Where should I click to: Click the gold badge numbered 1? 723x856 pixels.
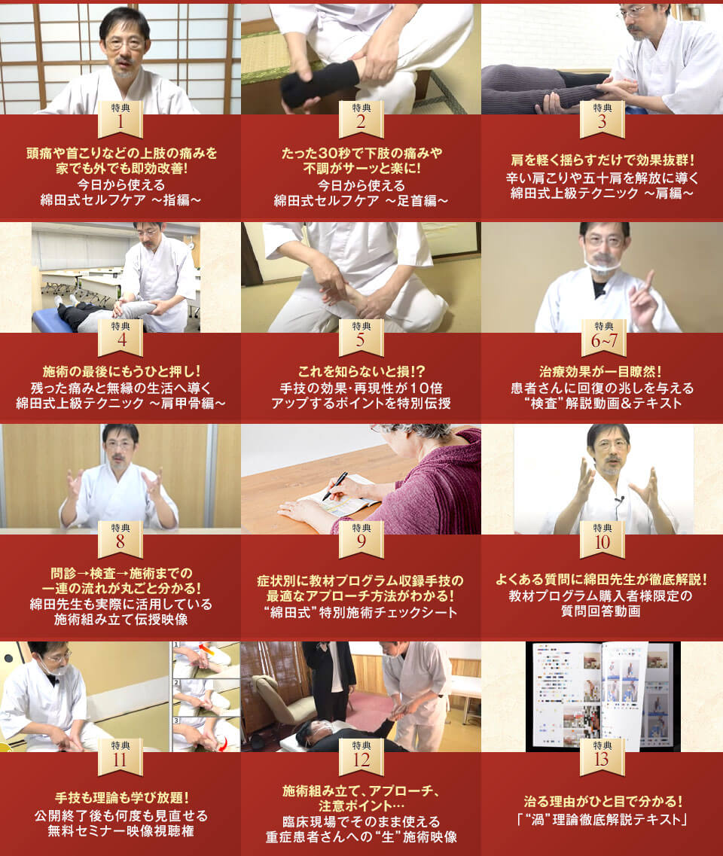pos(120,119)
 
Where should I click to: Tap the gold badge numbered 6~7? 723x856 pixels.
pos(603,337)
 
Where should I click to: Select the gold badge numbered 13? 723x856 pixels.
pos(602,757)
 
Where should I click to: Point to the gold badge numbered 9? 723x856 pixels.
pos(361,539)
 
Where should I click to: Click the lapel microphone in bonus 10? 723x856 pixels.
pos(618,499)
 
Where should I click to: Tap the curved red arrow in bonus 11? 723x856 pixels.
pos(223,742)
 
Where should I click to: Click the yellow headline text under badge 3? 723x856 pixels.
pos(602,160)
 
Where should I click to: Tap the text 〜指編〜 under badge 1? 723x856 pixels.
pos(174,200)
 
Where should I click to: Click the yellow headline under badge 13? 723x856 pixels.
pos(602,801)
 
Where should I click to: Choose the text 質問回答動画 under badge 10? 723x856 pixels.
pos(601,611)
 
